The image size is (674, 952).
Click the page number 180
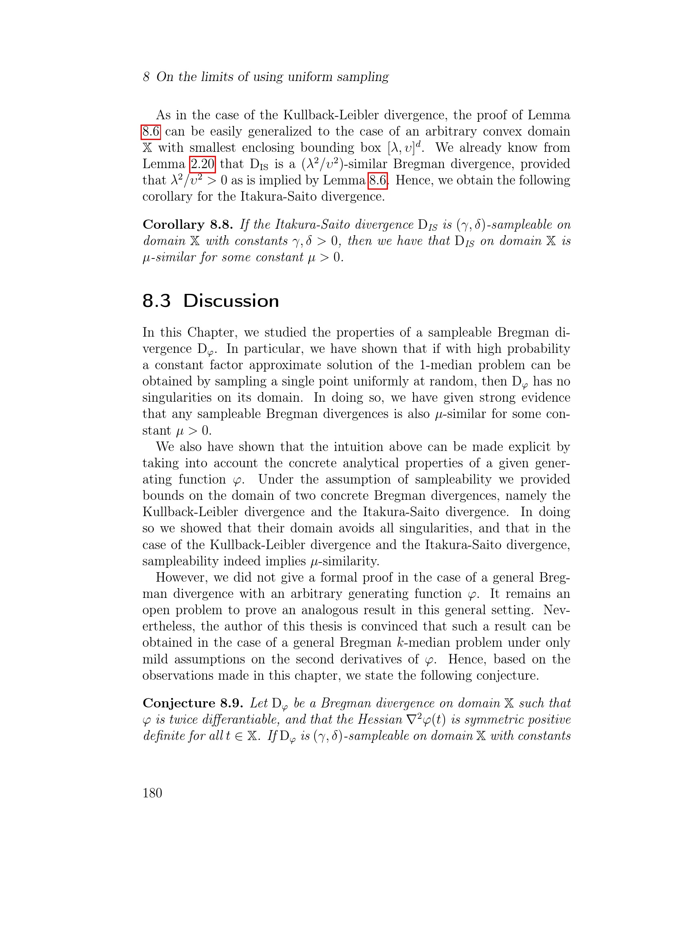click(x=152, y=793)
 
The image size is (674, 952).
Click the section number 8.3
click(x=156, y=301)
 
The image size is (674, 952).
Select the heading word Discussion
click(x=231, y=301)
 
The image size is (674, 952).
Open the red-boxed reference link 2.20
click(x=202, y=164)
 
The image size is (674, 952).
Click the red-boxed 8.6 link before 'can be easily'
click(x=150, y=131)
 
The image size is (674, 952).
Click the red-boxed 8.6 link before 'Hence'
click(x=377, y=180)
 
